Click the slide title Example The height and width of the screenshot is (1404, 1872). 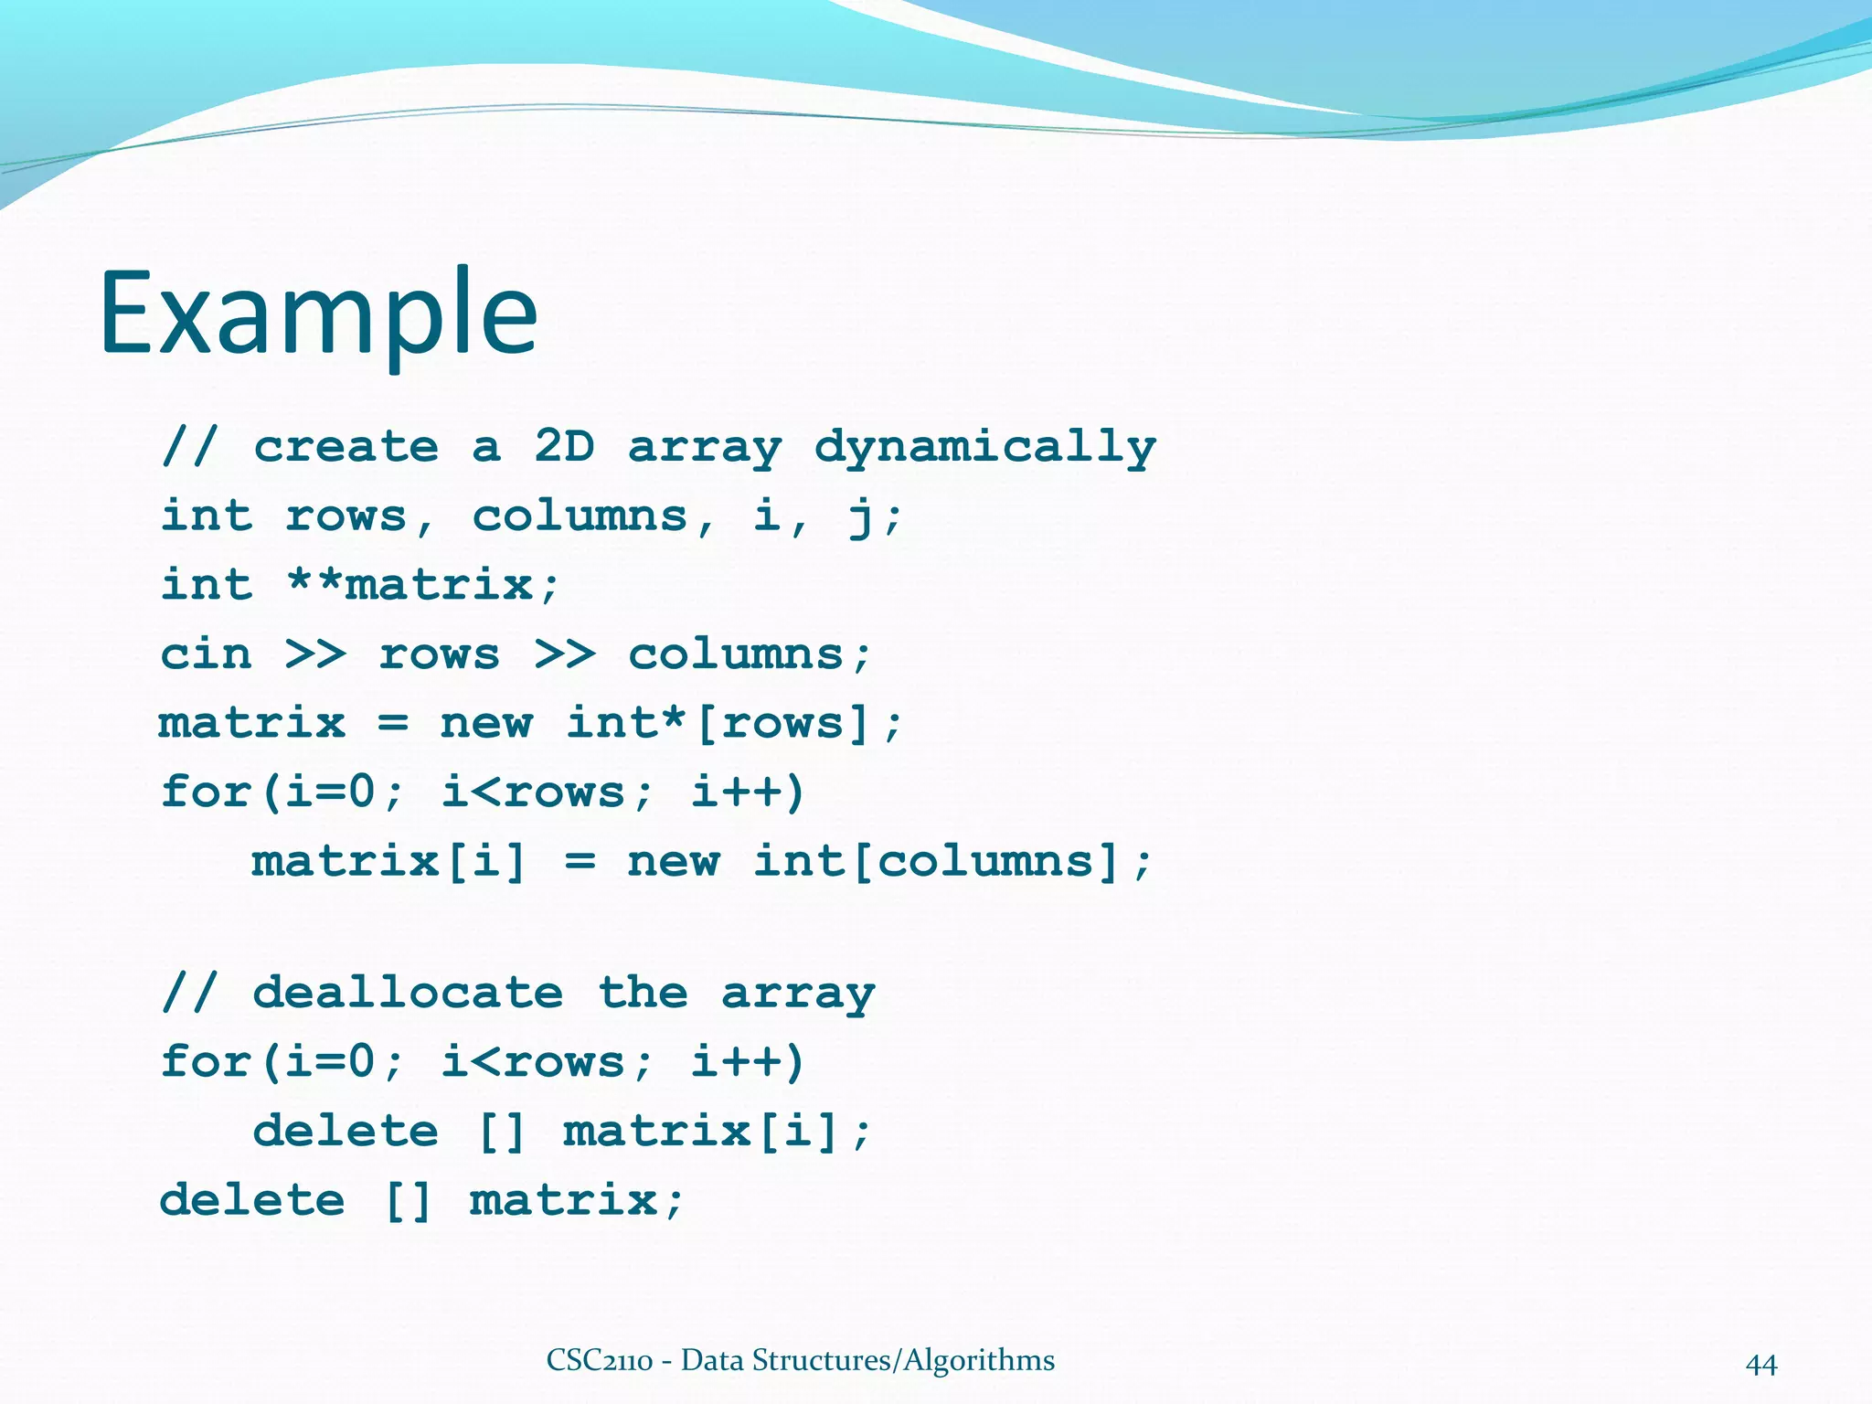[x=318, y=314]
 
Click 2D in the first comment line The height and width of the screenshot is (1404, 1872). [x=564, y=447]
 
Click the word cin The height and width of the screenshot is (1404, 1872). [x=206, y=654]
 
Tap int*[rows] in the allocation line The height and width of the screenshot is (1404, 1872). [x=716, y=723]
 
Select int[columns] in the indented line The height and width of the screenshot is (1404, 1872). [x=936, y=861]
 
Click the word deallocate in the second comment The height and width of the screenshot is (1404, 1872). [x=408, y=994]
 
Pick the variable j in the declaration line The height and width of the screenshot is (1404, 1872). [x=860, y=517]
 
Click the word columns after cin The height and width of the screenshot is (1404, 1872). [x=736, y=654]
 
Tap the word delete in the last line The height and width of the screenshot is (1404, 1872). [x=252, y=1200]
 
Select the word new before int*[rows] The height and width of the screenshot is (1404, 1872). [x=485, y=723]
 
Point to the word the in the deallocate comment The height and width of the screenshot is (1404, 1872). [x=643, y=994]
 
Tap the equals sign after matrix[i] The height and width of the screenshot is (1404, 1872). [x=580, y=861]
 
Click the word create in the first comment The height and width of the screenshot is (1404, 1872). [x=346, y=447]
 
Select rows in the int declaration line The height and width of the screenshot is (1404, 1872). [x=346, y=517]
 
